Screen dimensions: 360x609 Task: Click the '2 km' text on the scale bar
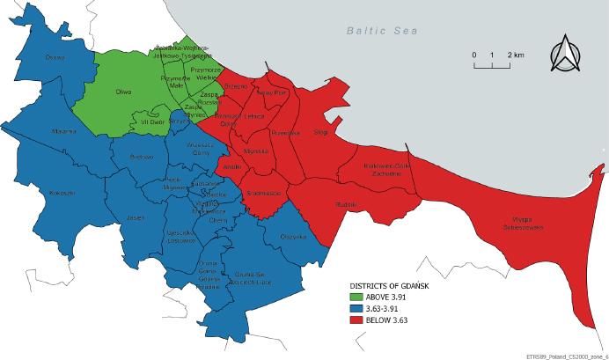[x=515, y=55]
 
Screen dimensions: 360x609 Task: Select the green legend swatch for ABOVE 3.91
[x=356, y=297]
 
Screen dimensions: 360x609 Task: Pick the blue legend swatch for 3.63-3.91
[x=356, y=308]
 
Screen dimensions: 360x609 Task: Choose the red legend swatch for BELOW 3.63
[x=356, y=320]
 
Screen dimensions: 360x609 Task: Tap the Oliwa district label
[x=124, y=92]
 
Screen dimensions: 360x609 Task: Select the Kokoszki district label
[x=62, y=192]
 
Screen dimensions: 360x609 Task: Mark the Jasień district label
[x=135, y=217]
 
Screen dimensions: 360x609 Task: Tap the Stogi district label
[x=320, y=132]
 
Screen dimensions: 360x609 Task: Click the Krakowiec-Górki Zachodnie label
[x=387, y=169]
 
